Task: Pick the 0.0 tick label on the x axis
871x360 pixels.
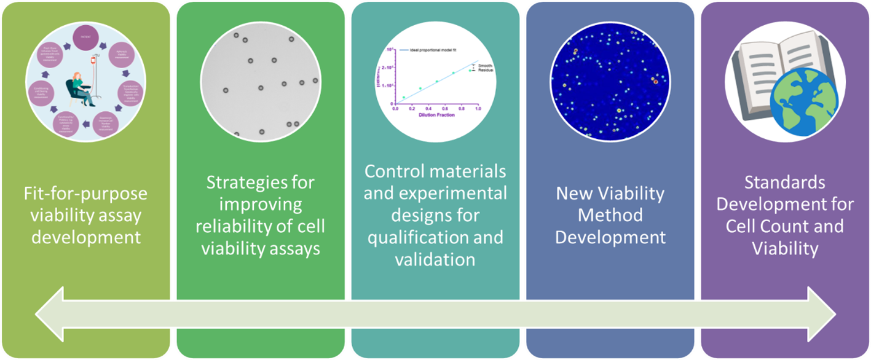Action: [x=395, y=109]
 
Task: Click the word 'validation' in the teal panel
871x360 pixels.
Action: [x=436, y=259]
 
